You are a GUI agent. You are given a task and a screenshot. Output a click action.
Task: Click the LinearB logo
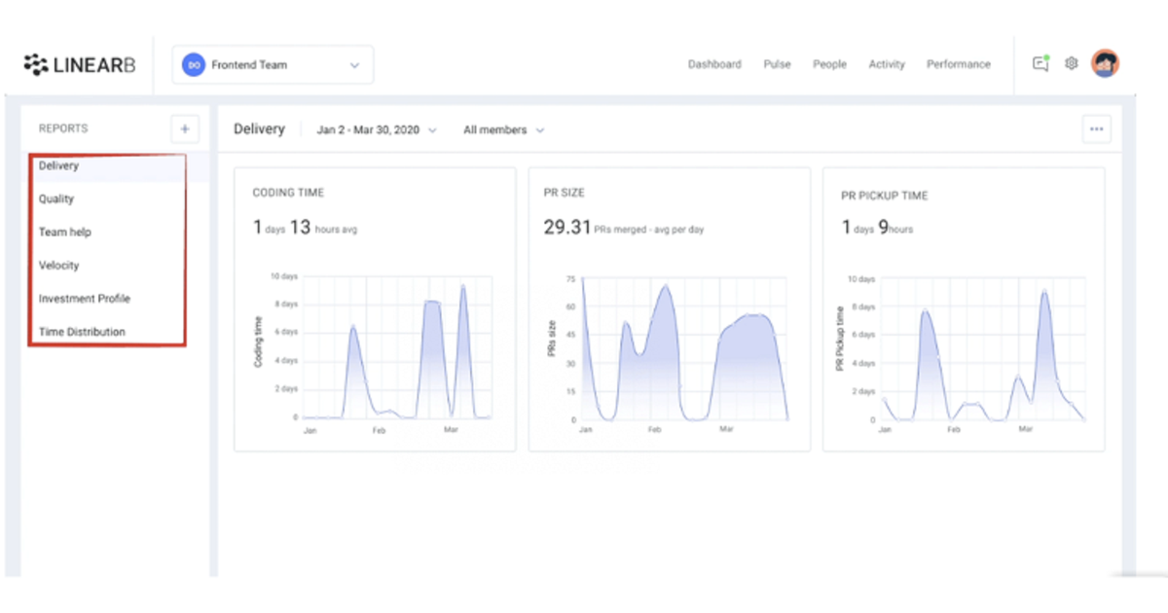tap(80, 65)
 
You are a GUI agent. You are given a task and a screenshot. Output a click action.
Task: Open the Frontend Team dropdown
tap(273, 65)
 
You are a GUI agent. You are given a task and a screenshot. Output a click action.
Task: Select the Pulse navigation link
tap(777, 64)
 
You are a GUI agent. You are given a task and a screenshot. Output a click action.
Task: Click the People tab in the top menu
tap(829, 64)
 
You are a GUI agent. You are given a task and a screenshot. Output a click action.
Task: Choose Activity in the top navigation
tap(886, 64)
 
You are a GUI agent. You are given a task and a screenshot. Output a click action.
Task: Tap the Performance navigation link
tap(958, 64)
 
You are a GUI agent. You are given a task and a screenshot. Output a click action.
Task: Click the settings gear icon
tap(1071, 64)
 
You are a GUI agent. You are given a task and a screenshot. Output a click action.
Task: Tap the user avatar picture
tap(1105, 64)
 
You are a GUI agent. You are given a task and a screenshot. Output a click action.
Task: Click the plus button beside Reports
tap(184, 128)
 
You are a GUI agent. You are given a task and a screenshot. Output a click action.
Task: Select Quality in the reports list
tap(56, 199)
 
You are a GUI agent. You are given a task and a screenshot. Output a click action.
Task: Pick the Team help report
tap(65, 233)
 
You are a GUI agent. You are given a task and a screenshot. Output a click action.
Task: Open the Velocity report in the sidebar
tap(59, 266)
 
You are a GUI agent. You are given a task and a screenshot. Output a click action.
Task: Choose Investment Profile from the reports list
tap(85, 299)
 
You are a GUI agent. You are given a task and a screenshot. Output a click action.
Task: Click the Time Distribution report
tap(82, 332)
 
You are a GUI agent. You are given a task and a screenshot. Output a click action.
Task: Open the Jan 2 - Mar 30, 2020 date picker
tap(376, 129)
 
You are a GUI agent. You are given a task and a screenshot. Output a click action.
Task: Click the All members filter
tap(502, 129)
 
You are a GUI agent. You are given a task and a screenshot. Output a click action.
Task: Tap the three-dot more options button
tap(1097, 129)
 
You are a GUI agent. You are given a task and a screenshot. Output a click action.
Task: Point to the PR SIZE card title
tap(565, 194)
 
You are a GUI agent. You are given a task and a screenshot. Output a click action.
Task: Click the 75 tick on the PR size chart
tap(570, 278)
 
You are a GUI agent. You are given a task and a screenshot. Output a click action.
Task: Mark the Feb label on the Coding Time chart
tap(379, 429)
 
